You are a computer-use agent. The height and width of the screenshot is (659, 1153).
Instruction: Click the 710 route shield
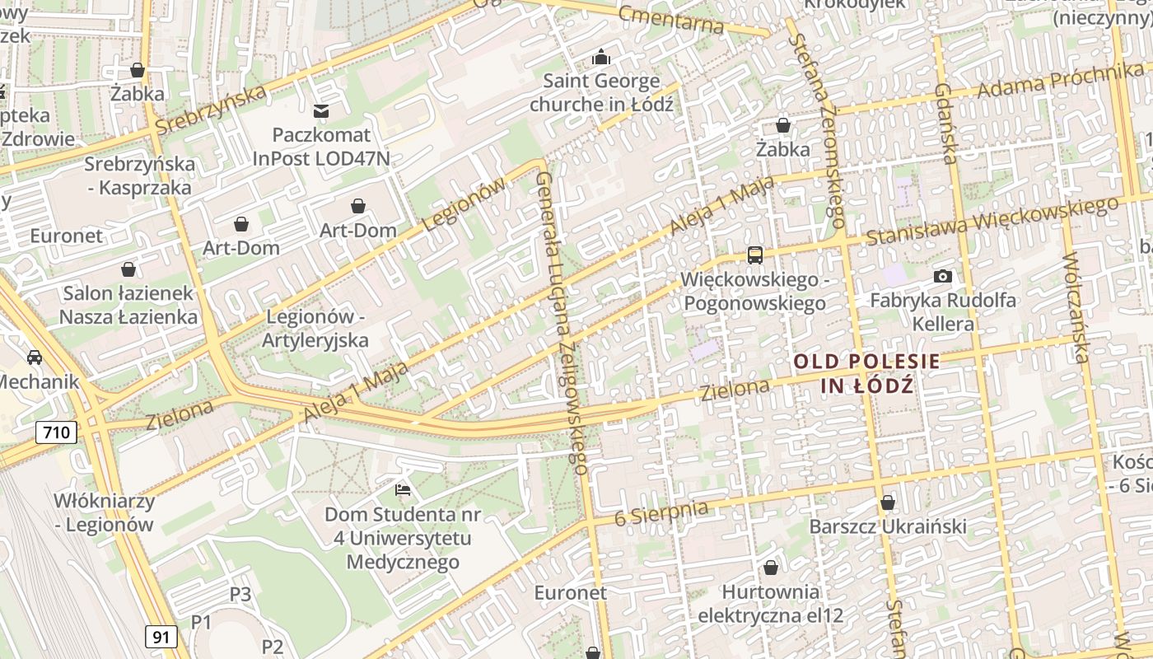[57, 432]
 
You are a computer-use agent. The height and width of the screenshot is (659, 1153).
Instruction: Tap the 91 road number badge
[161, 636]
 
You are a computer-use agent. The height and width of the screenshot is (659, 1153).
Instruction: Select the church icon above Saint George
[602, 57]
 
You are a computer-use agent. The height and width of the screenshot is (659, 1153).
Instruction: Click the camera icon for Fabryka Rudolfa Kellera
[943, 277]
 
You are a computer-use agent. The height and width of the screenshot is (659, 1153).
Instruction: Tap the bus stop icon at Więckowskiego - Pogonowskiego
[754, 255]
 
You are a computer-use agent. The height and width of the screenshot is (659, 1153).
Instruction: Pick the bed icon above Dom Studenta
[403, 490]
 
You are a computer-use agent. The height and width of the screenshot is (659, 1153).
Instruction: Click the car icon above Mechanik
[35, 358]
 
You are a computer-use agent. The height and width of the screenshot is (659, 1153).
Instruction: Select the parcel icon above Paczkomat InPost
[321, 110]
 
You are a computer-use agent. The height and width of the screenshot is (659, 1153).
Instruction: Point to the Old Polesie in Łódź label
[866, 373]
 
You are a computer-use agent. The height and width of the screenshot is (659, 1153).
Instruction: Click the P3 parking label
[240, 594]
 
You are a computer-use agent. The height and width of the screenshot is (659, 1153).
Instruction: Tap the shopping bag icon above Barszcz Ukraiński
[887, 502]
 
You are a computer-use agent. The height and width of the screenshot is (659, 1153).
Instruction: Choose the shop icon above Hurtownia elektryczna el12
[770, 568]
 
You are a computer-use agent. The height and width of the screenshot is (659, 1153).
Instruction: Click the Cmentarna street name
[670, 19]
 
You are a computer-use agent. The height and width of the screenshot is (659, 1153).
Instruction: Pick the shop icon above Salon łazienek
[128, 269]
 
